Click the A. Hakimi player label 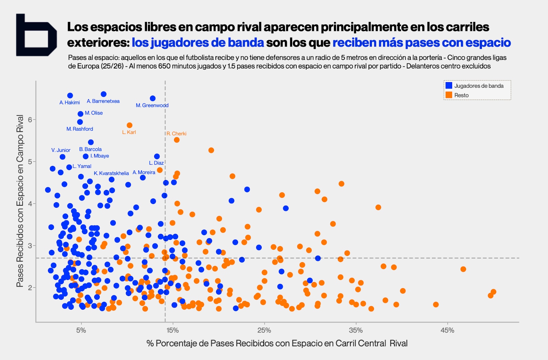coord(70,103)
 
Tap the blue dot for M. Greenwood coord(153,99)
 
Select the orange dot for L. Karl coord(129,125)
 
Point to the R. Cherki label coord(177,133)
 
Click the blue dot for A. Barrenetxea coord(103,94)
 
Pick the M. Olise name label coord(94,113)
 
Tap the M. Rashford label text coord(80,129)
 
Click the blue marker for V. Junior coord(62,157)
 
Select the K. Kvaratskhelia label coord(111,173)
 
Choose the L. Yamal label coord(82,166)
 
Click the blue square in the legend coord(449,86)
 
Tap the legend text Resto coord(461,95)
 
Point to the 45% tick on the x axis coord(447,331)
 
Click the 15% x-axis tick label coord(173,331)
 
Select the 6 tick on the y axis coord(30,120)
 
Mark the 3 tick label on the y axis coord(30,246)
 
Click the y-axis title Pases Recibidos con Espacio coord(20,201)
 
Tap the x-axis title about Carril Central coord(277,343)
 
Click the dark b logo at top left coord(36,35)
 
